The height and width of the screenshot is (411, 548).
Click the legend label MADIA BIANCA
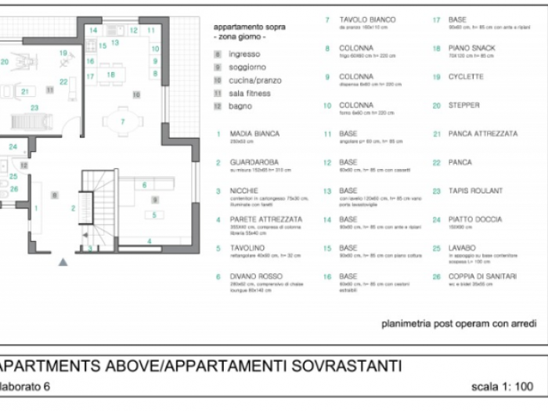pos(254,134)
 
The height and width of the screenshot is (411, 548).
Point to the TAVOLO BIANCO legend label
pos(367,20)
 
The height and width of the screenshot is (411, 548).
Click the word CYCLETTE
pos(466,77)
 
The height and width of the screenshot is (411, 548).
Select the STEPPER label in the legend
pos(463,106)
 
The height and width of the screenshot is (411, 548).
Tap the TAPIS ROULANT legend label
pos(475,191)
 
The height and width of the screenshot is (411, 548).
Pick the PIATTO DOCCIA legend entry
pos(475,219)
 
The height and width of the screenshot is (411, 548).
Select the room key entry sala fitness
pos(250,93)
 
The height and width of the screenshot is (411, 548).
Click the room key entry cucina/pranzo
pos(255,80)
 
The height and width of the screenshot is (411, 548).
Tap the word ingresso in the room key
pos(244,54)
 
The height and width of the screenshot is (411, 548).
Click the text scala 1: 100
pos(502,387)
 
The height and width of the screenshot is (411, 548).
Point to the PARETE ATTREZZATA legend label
pos(265,219)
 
